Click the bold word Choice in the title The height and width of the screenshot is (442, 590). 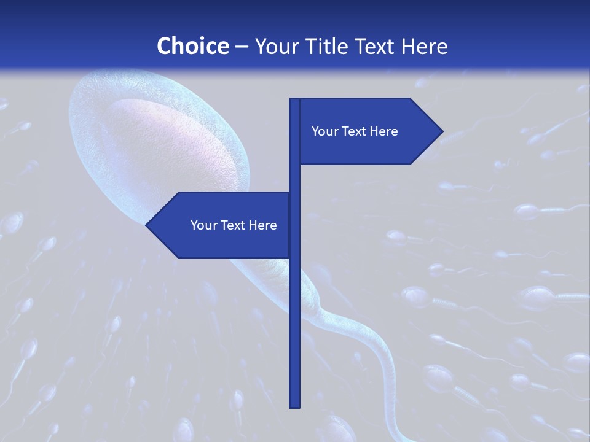click(192, 46)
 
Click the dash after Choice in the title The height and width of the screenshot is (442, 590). click(242, 47)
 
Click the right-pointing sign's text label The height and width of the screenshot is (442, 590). click(355, 131)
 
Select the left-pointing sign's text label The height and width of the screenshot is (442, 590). click(234, 225)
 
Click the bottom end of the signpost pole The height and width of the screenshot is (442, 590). click(294, 406)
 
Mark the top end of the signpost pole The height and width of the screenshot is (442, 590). click(294, 100)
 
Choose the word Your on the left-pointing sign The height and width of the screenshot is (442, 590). click(203, 225)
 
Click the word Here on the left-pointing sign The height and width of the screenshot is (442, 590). click(262, 225)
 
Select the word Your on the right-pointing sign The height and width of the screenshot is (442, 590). click(324, 131)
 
